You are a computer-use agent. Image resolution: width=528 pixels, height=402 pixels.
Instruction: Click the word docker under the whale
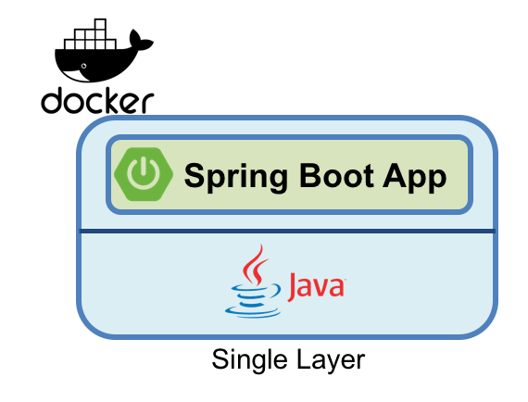[x=96, y=100]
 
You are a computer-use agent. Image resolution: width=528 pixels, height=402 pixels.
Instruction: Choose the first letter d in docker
[x=52, y=100]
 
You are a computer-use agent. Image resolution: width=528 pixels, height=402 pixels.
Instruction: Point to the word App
[x=413, y=175]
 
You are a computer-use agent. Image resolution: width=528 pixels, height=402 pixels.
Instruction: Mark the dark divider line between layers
[x=287, y=230]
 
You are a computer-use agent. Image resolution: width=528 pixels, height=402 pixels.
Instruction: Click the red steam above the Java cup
[x=253, y=265]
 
